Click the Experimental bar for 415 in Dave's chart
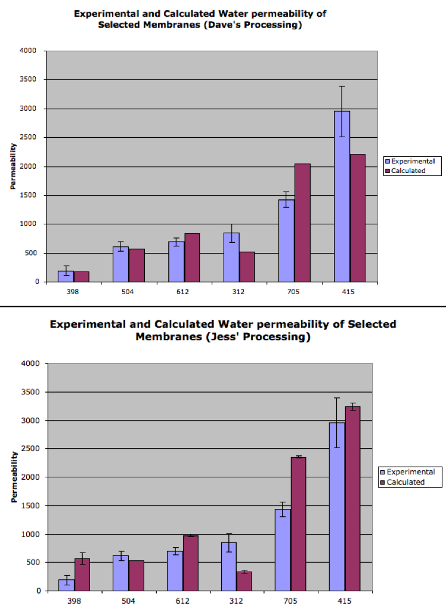342,196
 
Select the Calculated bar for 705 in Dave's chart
303,223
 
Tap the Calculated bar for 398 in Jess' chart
82,575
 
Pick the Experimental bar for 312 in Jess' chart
228,567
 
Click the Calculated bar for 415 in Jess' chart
352,499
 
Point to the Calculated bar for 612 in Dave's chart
192,258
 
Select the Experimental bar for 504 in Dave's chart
121,264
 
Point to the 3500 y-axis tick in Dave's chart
28,79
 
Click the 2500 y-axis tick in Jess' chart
30,449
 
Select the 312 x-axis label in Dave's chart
239,291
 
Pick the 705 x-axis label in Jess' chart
290,601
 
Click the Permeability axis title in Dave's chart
13,166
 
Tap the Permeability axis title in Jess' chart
14,477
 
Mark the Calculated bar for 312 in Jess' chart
244,581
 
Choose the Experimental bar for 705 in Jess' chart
283,550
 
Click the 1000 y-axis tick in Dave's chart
28,224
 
